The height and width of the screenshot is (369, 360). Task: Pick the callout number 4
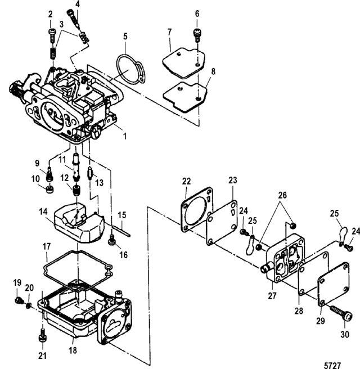(x=78, y=4)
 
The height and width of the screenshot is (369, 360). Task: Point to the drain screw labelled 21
(x=42, y=337)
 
